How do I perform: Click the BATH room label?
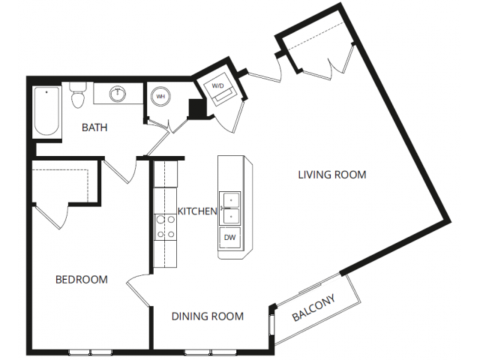[x=94, y=127]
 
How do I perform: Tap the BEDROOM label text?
[x=82, y=280]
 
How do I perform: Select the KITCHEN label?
[x=197, y=211]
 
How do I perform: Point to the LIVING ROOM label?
[x=332, y=175]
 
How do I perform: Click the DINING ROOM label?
[x=208, y=316]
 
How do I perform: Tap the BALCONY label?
[x=314, y=307]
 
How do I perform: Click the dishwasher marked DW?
[x=229, y=238]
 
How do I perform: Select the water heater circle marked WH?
[x=160, y=97]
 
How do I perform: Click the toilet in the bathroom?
[x=77, y=94]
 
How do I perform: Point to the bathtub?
[x=46, y=111]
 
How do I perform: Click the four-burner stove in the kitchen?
[x=165, y=227]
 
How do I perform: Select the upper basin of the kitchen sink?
[x=230, y=200]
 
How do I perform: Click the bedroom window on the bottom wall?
[x=91, y=352]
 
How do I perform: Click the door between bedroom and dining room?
[x=138, y=289]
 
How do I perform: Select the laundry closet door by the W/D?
[x=229, y=117]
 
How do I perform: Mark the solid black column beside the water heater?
[x=196, y=108]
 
